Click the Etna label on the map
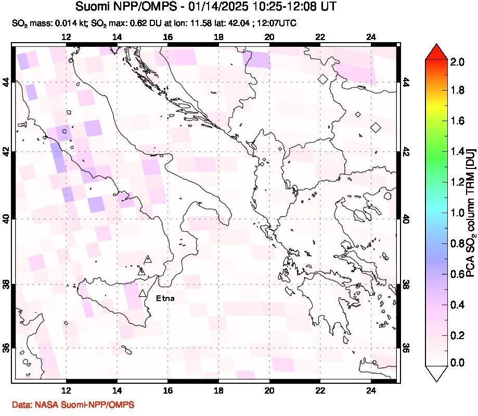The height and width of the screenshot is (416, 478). pos(165,298)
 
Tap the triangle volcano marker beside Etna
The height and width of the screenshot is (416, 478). pos(143,293)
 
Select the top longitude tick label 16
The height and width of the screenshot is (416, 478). pos(167,37)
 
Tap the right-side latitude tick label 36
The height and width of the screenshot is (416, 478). pos(406,347)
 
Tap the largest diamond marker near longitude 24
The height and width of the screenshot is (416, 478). pos(376,127)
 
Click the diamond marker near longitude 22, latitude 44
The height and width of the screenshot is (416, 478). pos(323,80)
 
